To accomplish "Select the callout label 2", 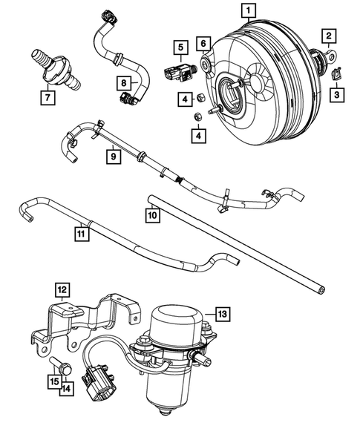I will tap(327, 35).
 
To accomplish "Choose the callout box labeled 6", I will tap(203, 45).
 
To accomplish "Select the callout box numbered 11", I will tap(81, 234).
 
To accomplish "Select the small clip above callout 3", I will tap(333, 73).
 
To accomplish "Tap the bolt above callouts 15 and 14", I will tap(60, 365).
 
